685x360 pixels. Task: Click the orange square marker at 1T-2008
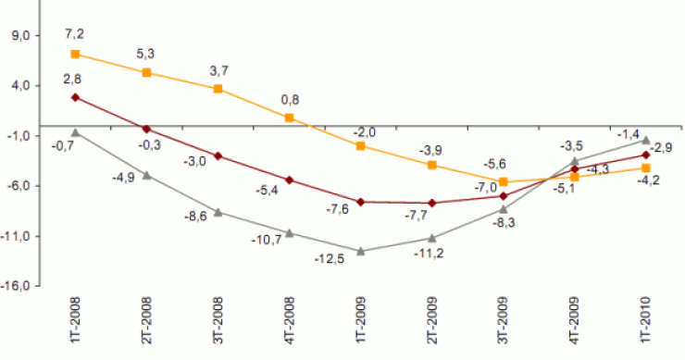coord(75,55)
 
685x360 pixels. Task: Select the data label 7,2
coord(75,34)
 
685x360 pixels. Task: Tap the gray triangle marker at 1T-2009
coord(361,251)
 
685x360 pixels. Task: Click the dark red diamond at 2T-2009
coord(432,203)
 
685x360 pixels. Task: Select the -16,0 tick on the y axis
coord(18,286)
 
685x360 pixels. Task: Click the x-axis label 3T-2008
coord(218,322)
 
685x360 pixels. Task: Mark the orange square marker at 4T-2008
coord(289,118)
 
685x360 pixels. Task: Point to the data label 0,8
coord(289,98)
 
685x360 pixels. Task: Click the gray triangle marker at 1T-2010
coord(645,140)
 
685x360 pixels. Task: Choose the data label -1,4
coord(629,134)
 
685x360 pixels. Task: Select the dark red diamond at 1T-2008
coord(75,97)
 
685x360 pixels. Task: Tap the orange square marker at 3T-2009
coord(504,181)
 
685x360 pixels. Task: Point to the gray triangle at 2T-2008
coord(146,175)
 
